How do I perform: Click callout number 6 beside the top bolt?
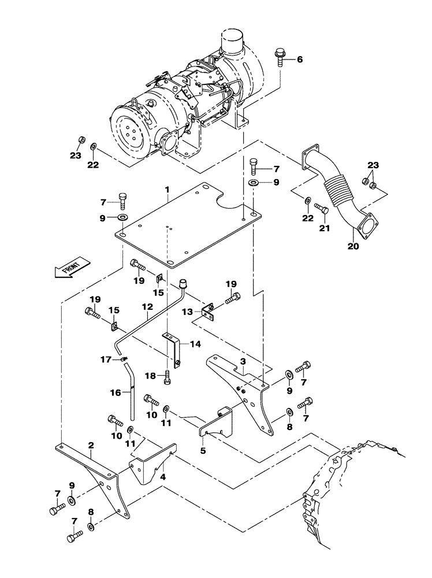300,60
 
